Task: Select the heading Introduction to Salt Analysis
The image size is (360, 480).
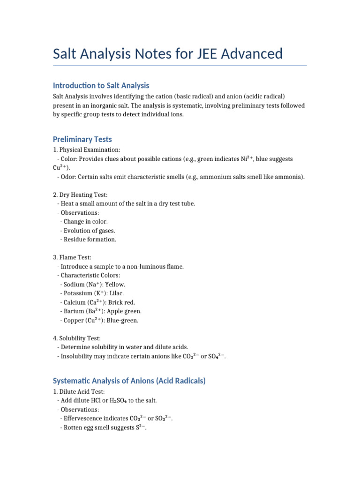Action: [x=101, y=85]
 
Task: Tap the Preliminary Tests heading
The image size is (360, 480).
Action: [x=82, y=139]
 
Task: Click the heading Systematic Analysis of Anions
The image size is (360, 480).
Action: [x=129, y=381]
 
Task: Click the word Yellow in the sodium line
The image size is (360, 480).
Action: [x=115, y=285]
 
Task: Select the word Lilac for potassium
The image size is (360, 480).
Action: [x=117, y=293]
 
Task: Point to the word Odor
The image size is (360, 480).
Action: [x=68, y=177]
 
